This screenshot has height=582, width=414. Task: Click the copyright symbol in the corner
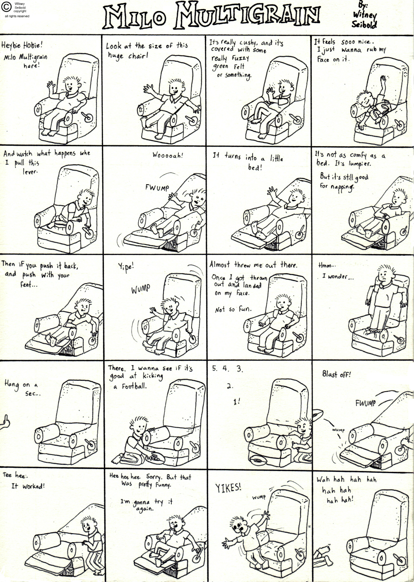[x=7, y=7]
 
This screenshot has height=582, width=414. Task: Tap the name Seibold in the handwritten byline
[x=364, y=24]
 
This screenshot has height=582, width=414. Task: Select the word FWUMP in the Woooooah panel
[x=157, y=187]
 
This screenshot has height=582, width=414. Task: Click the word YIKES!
[x=229, y=488]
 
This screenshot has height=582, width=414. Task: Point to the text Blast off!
[x=337, y=374]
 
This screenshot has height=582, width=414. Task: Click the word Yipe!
[x=126, y=267]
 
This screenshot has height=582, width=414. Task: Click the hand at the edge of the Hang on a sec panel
[x=5, y=423]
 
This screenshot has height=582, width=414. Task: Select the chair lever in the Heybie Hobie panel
[x=87, y=117]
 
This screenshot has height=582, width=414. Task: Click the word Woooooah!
[x=168, y=156]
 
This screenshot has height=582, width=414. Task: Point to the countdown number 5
[x=214, y=369]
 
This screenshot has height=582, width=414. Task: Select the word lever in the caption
[x=30, y=172]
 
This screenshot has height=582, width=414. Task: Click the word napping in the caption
[x=342, y=187]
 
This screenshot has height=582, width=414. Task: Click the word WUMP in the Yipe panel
[x=141, y=289]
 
